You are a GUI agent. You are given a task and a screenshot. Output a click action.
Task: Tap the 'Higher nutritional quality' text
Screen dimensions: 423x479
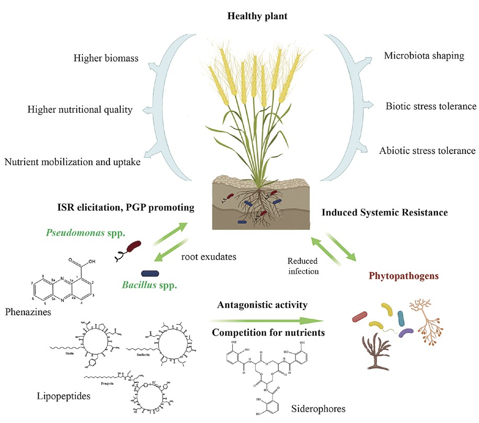[79, 110]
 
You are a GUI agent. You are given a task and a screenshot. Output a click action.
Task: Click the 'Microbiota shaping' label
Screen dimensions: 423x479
[424, 55]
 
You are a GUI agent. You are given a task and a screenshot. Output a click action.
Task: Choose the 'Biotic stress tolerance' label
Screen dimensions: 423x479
[431, 106]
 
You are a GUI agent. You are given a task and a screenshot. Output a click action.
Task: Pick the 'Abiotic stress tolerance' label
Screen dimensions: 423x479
[428, 151]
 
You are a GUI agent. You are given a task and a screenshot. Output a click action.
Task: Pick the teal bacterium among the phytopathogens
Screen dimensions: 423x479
[401, 318]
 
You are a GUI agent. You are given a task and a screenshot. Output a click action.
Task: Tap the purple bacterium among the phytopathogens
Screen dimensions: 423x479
[405, 333]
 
